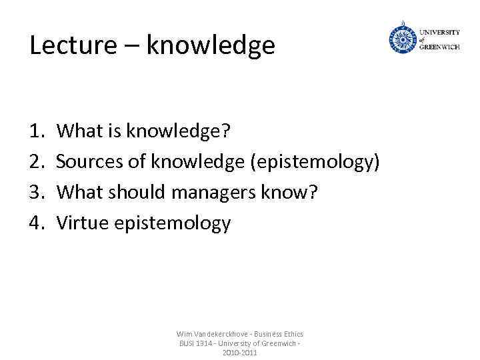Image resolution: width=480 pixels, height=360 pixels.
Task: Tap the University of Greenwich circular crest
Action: coord(402,39)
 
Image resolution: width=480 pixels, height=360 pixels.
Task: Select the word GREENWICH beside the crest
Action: coord(439,47)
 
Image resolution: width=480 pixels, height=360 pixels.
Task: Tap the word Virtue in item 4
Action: coord(83,223)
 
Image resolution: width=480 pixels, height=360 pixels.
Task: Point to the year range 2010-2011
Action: coord(239,353)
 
